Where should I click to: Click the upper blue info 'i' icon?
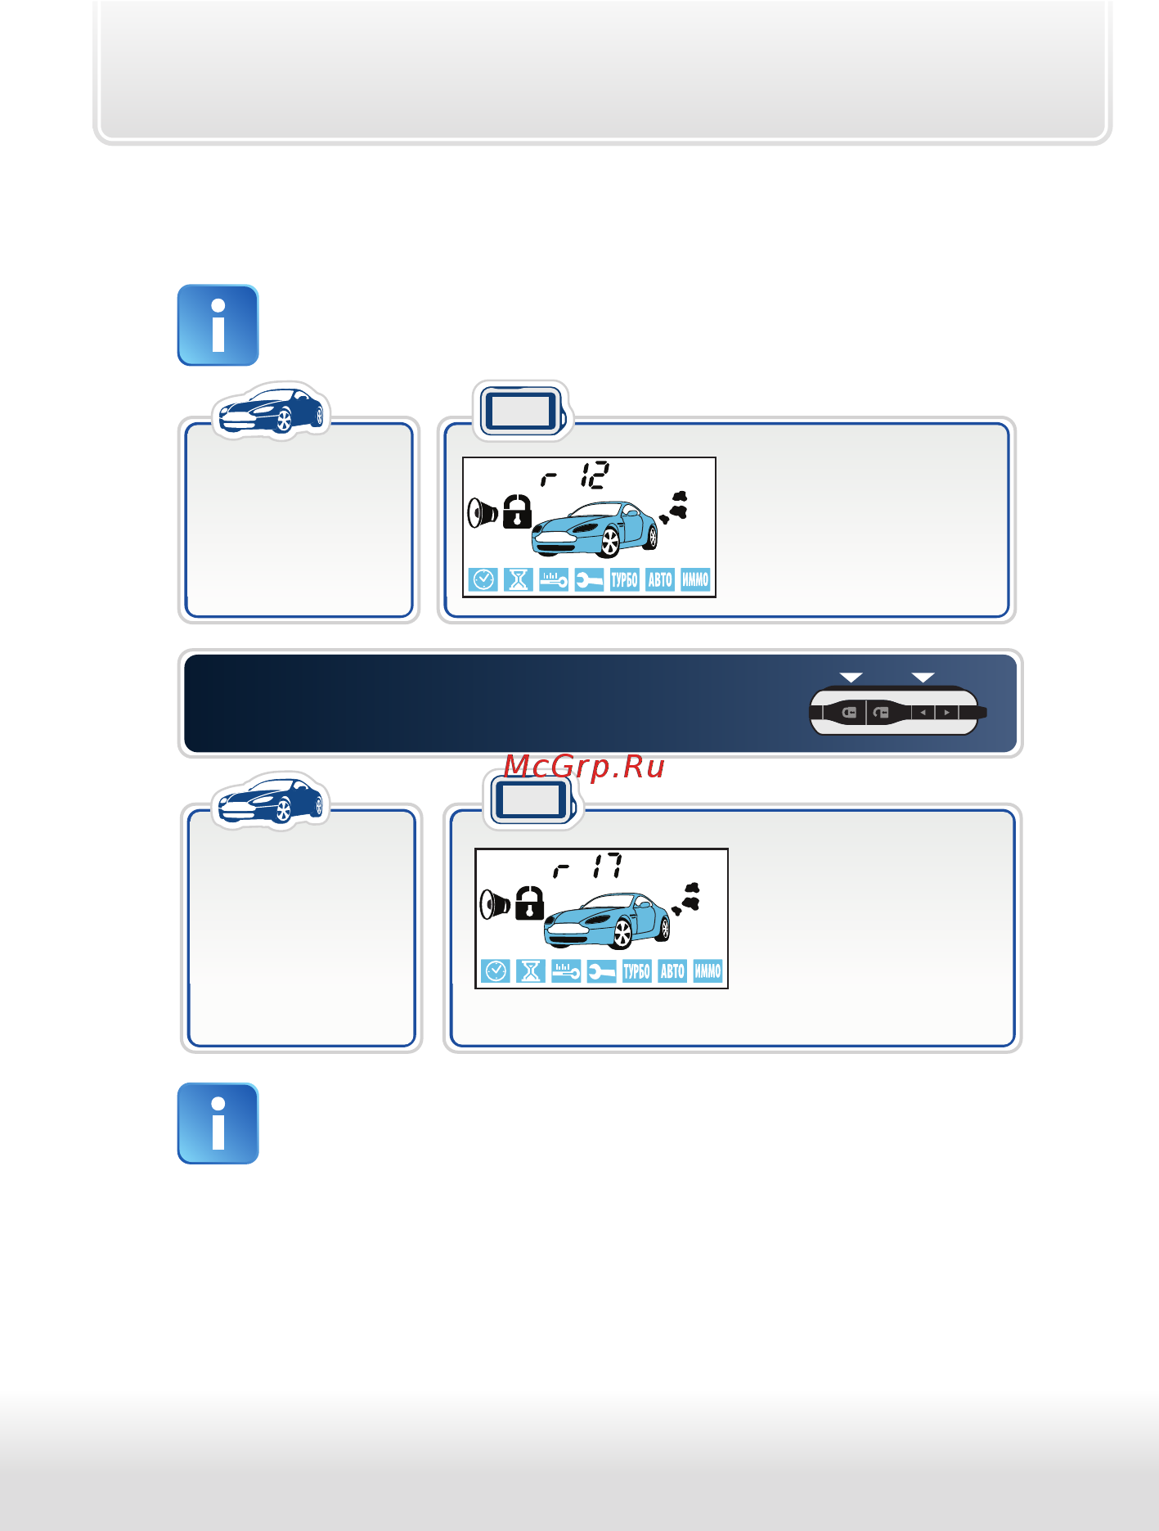(218, 325)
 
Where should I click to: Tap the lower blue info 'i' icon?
(218, 1123)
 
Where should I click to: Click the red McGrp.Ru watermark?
(584, 768)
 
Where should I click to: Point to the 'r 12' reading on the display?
(575, 475)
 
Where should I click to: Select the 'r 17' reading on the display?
(587, 866)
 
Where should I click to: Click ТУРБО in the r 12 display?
(624, 580)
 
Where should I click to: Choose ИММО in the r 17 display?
(708, 971)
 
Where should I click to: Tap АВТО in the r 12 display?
(660, 580)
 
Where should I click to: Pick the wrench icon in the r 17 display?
(601, 971)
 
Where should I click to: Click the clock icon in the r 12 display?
(483, 580)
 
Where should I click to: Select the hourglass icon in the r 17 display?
(531, 971)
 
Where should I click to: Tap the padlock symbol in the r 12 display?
(517, 512)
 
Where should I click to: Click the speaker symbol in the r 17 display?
(495, 905)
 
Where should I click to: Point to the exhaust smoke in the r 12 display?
(674, 508)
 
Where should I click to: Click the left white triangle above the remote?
(851, 678)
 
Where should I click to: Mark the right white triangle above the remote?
(923, 678)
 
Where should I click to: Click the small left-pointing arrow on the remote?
(923, 713)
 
